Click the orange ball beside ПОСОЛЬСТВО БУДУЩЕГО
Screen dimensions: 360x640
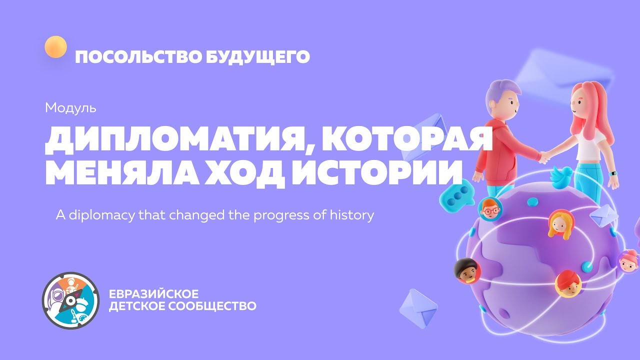[55, 47]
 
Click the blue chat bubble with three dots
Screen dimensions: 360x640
[456, 196]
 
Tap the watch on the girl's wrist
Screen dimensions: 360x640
[613, 173]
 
